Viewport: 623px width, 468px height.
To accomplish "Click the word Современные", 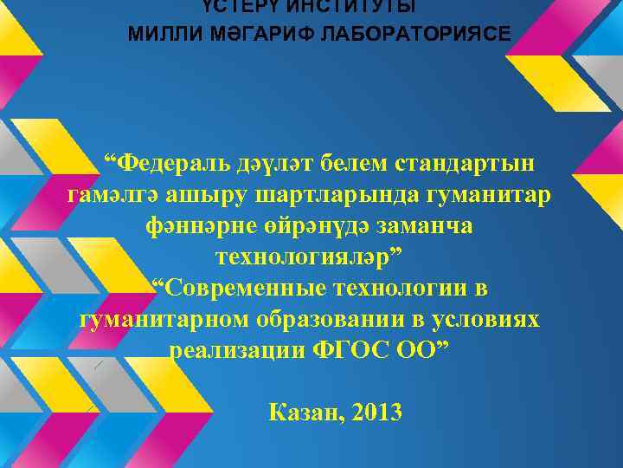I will pos(236,288).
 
